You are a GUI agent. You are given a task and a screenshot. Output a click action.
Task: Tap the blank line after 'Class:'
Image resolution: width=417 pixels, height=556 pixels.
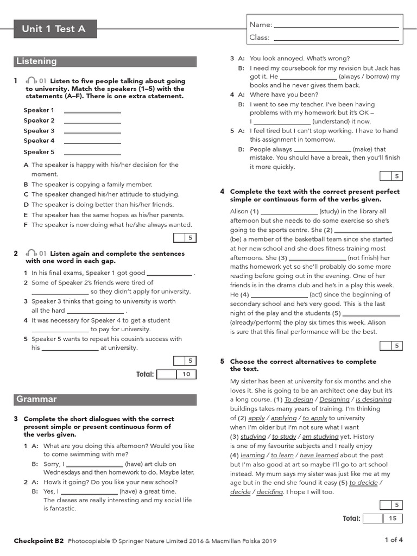[337, 39]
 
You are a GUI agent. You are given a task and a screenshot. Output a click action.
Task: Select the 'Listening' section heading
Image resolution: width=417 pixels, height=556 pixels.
[36, 61]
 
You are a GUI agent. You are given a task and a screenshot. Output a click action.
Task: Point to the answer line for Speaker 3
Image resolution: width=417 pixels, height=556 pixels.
[92, 131]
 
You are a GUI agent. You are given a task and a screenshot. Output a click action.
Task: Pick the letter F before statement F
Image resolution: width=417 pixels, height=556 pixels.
[26, 225]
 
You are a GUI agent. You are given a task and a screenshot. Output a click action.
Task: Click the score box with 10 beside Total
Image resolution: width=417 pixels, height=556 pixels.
[186, 374]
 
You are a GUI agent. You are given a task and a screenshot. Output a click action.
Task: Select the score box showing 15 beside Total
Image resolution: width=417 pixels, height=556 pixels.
[392, 519]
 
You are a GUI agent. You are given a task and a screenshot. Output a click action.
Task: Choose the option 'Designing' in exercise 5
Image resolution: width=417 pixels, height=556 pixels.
[334, 400]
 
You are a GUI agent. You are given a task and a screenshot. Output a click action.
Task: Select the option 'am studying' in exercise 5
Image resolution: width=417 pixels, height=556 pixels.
[321, 437]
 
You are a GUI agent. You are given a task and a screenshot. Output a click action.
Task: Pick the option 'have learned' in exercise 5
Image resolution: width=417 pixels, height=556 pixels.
[319, 455]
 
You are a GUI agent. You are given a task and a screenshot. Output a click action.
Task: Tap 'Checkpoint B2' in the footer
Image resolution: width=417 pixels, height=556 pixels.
[39, 541]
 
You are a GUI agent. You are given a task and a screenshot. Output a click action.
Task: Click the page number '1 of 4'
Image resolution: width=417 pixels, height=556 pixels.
[394, 540]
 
